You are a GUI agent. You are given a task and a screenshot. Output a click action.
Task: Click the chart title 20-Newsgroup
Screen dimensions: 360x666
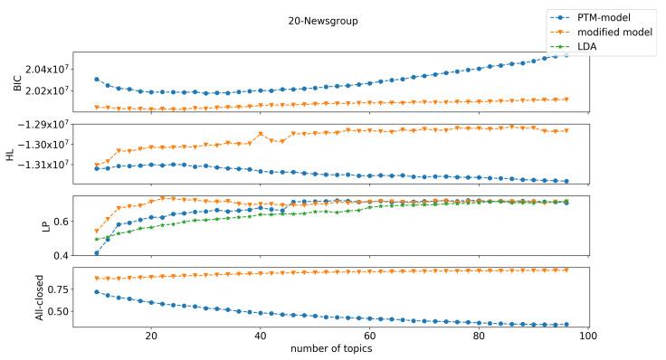pos(329,21)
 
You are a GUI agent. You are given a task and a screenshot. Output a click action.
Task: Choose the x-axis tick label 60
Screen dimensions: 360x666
pos(370,336)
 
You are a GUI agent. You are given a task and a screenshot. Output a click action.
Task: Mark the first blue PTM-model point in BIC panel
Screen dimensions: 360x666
pos(97,79)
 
